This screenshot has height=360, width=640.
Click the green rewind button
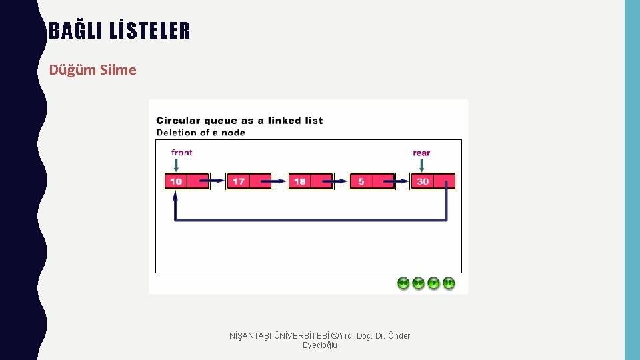coord(403,283)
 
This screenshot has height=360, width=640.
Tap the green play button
coord(434,283)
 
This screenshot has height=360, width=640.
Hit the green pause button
coord(449,283)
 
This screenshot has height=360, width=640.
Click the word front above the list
coord(181,153)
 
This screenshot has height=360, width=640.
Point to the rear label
coord(421,153)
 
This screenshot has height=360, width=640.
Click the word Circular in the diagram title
coord(178,121)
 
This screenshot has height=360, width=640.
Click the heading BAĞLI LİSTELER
coord(119,31)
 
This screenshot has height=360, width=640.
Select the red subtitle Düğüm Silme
coord(93,70)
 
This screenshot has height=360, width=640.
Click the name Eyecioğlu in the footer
coord(320,345)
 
